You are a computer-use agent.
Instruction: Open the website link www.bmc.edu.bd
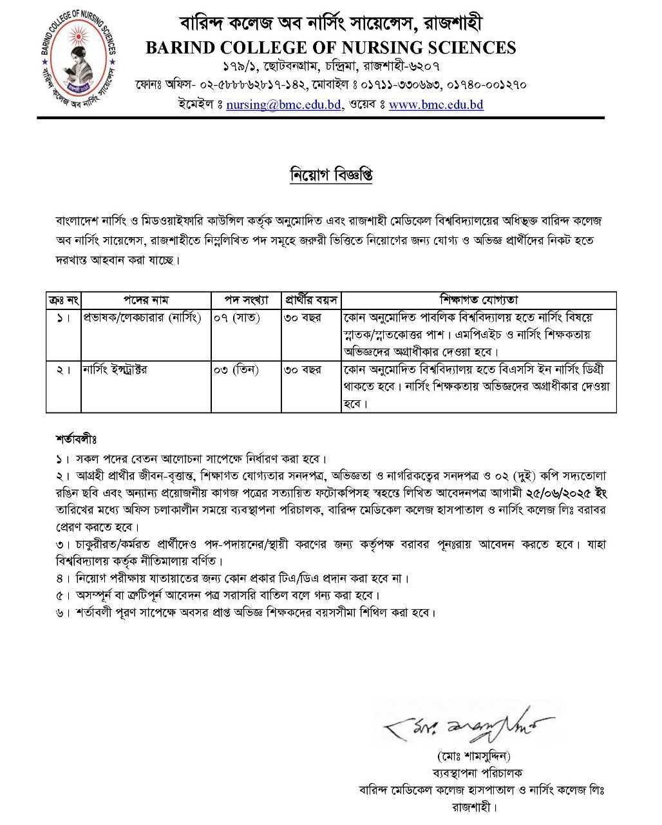point(436,104)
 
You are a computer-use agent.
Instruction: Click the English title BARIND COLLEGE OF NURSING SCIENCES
point(330,48)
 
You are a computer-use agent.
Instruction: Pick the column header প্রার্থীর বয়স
point(311,300)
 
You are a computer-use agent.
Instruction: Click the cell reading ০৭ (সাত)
point(237,318)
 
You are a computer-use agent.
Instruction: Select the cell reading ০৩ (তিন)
point(236,370)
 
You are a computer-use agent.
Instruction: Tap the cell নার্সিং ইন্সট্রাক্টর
point(115,370)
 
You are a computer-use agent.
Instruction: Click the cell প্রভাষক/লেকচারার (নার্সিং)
point(142,318)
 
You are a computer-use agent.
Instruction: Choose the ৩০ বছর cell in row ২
point(303,370)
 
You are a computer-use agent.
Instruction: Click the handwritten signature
point(469,728)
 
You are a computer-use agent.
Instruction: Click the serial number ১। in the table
point(63,318)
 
